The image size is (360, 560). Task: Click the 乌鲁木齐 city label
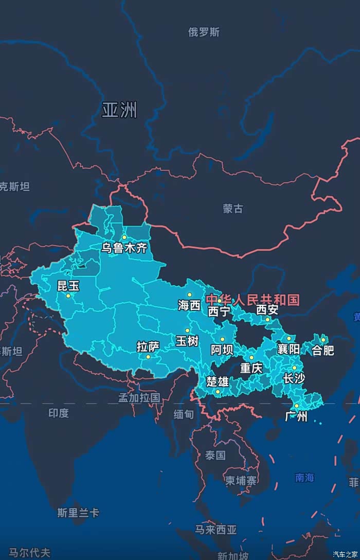[x=124, y=248]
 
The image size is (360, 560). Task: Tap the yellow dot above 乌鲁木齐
[x=124, y=237]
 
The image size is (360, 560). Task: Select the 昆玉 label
[x=68, y=286]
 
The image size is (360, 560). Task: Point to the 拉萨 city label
[x=148, y=347]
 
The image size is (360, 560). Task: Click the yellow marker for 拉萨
[x=148, y=357]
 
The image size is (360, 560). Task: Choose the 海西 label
[x=189, y=305]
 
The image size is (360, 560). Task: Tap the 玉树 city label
[x=187, y=341]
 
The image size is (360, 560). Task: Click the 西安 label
[x=267, y=309]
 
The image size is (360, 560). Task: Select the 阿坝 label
[x=222, y=350]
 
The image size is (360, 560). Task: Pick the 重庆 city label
[x=251, y=368]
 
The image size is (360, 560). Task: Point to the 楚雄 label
[x=218, y=381]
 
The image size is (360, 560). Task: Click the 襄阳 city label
[x=289, y=349]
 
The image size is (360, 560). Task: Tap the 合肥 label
[x=323, y=350]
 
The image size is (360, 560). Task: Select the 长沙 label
[x=294, y=379]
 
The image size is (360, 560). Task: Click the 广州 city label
[x=296, y=416]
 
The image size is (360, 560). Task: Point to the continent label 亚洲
[x=119, y=110]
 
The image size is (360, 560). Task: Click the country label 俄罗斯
[x=204, y=32]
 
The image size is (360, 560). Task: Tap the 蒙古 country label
[x=233, y=208]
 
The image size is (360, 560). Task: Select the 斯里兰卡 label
[x=78, y=513]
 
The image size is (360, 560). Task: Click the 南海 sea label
[x=304, y=478]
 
